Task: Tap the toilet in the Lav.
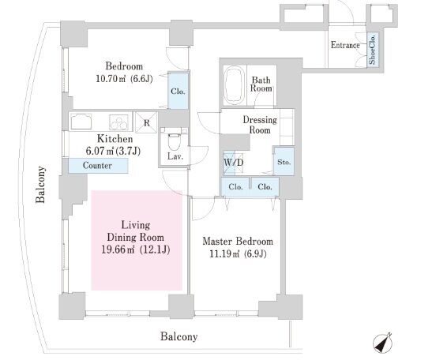click(174, 141)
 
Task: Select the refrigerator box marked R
click(146, 122)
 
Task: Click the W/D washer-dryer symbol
click(233, 163)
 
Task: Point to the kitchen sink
click(81, 122)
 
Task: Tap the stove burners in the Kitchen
click(118, 122)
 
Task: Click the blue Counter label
click(98, 166)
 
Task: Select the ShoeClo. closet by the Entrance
click(373, 49)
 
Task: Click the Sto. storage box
click(284, 162)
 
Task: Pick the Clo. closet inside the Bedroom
click(178, 91)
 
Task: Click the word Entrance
click(345, 45)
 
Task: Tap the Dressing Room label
click(260, 125)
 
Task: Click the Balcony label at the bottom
click(179, 336)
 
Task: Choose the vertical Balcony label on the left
click(41, 184)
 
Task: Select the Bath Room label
click(261, 84)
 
